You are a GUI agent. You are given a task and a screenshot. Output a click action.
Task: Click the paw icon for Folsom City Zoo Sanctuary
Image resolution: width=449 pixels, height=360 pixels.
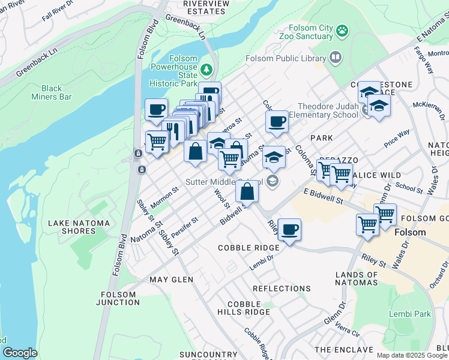pos(342,30)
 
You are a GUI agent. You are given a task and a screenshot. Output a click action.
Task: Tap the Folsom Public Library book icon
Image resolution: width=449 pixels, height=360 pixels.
pos(335,58)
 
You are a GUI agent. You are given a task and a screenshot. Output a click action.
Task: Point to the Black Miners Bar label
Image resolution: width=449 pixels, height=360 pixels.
pos(52,92)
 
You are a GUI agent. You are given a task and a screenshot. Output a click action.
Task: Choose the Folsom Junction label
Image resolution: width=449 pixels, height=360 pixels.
pos(121,298)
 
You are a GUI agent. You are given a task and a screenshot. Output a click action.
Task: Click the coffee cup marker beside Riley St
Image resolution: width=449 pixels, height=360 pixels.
pos(289,230)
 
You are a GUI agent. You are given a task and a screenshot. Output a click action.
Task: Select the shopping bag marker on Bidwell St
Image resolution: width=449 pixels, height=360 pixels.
pos(247,193)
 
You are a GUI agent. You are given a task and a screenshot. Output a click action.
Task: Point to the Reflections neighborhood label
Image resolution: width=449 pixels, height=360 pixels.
pos(282,289)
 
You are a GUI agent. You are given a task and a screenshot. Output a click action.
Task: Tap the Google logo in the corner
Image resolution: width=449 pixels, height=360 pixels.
pos(20,353)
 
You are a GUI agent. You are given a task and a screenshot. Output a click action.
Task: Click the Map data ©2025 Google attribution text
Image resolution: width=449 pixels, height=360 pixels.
pos(412,355)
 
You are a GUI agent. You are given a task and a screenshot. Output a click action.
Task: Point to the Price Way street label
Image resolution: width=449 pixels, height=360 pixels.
pos(397,140)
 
